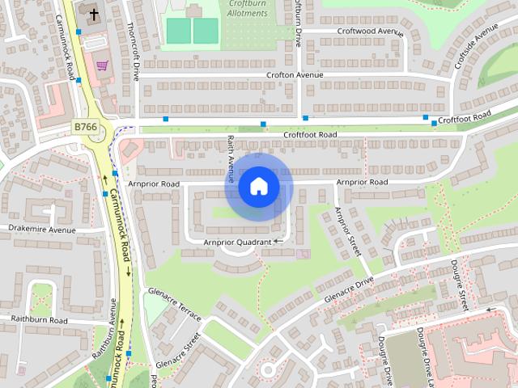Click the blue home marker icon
258,187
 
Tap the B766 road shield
86,126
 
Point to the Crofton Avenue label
295,75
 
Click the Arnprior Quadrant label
236,241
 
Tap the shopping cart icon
102,65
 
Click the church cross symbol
93,15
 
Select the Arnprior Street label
346,233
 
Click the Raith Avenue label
231,157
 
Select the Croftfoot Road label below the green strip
309,134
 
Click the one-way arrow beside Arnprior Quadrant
278,241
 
